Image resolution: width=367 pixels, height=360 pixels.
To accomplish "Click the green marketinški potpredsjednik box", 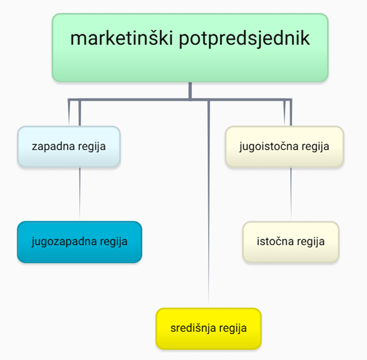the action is [x=190, y=48].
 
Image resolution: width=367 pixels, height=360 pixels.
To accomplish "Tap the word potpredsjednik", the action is [x=244, y=39].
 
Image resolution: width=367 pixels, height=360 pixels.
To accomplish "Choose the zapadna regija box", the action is [x=69, y=146].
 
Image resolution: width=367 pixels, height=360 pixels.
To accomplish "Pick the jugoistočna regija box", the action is [x=284, y=146].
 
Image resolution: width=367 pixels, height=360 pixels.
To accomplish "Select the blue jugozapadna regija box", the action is [x=80, y=242].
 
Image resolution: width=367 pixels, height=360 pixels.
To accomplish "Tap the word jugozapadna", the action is [x=64, y=242].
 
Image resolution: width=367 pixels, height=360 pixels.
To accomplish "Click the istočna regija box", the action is [x=290, y=242].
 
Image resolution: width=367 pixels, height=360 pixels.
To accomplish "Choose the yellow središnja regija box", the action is [x=208, y=328].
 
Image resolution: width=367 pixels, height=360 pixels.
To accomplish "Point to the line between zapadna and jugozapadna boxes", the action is [x=80, y=194].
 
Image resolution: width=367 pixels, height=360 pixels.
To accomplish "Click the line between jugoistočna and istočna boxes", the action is [x=291, y=194].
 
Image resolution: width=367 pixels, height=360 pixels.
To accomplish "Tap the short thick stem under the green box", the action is [x=190, y=91].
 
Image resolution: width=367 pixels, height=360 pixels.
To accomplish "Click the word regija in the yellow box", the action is [x=233, y=328].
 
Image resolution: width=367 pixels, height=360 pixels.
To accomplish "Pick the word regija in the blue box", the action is [x=114, y=242].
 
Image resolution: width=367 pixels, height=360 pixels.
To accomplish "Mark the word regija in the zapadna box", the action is [x=92, y=146].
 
